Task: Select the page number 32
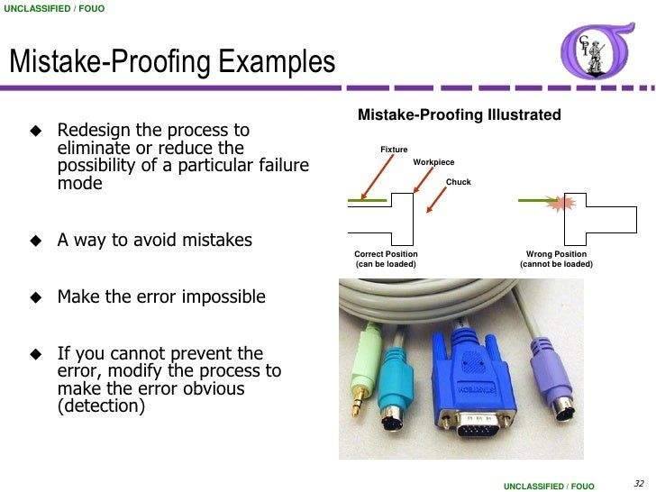click(x=640, y=482)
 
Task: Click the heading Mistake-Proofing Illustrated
click(x=460, y=115)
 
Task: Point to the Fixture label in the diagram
click(x=394, y=150)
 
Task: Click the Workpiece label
click(x=433, y=162)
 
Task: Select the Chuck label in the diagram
click(x=458, y=182)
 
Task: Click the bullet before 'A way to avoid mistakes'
click(x=36, y=241)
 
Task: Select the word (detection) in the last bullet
click(x=100, y=406)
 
